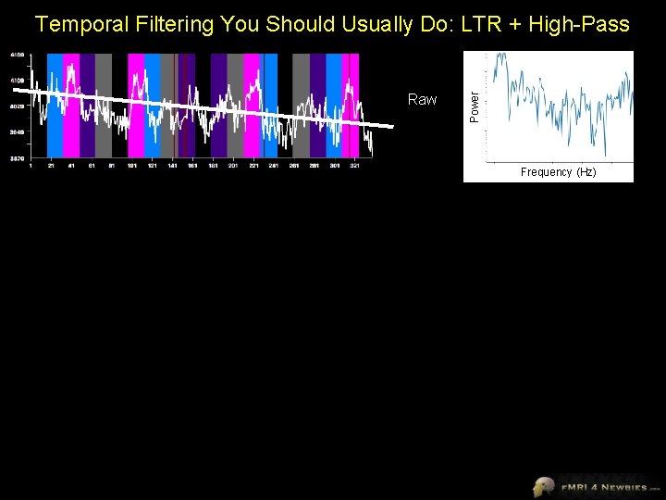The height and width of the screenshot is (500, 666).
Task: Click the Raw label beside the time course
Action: click(x=422, y=100)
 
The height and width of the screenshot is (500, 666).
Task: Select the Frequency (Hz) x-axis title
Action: click(x=558, y=172)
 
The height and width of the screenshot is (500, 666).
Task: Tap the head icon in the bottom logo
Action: click(x=543, y=485)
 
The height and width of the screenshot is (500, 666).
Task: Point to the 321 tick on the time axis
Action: click(x=354, y=166)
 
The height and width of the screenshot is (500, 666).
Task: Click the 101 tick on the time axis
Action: click(x=131, y=166)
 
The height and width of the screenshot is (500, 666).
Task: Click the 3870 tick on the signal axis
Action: click(x=18, y=158)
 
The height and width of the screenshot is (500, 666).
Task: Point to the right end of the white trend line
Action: click(x=391, y=126)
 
